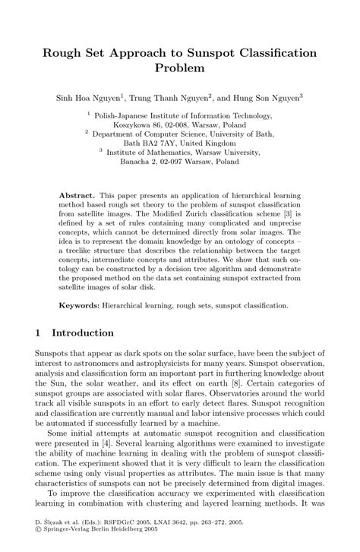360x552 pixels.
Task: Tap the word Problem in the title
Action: (180, 69)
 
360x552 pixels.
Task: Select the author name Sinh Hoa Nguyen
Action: (90, 97)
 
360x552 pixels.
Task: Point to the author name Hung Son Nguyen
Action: (262, 97)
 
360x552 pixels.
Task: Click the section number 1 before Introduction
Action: (39, 333)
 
